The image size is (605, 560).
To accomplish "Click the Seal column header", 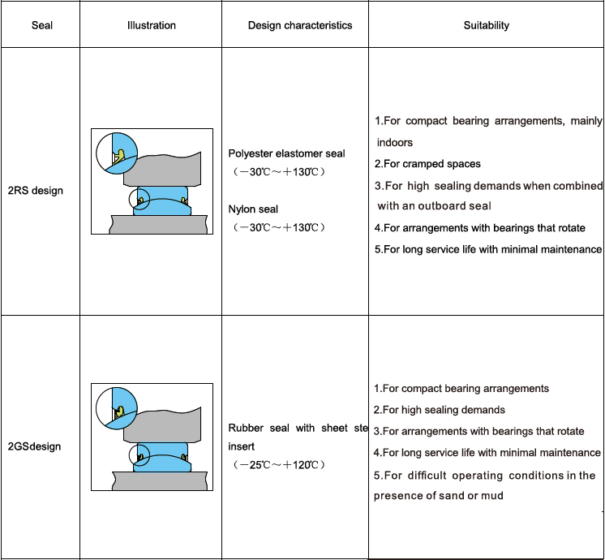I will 42,25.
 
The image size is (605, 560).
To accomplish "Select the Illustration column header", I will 152,25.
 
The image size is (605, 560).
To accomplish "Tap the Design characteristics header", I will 300,25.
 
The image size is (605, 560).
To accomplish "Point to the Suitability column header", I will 487,25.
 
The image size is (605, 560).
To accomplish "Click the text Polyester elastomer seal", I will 286,153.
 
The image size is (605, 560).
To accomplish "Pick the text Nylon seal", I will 253,209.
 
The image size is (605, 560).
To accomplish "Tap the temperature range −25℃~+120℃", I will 278,465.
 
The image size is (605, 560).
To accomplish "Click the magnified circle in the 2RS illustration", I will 117,152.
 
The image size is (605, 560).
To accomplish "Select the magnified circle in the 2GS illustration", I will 117,407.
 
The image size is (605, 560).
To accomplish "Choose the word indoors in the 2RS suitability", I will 395,143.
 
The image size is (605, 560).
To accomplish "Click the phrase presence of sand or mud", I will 438,495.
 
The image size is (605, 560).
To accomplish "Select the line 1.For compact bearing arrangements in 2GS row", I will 461,389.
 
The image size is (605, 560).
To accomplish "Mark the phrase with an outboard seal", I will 434,206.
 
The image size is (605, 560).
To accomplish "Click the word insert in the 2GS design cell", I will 242,446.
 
